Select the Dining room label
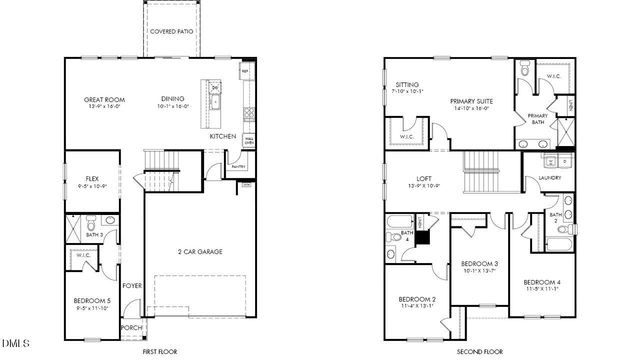point(175,99)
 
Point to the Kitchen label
point(222,135)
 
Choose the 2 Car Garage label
point(201,251)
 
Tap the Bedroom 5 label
point(91,301)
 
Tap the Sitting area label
point(406,85)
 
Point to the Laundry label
point(549,179)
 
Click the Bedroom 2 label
point(417,300)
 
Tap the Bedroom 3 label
point(482,264)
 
